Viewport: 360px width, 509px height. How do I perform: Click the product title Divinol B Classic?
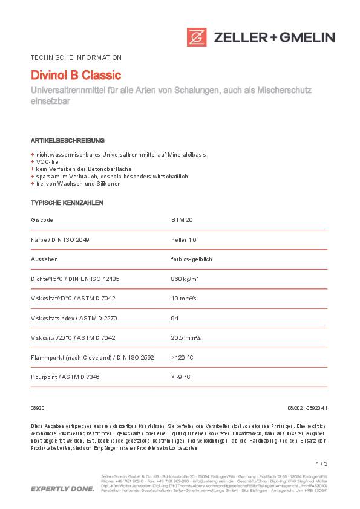[76, 76]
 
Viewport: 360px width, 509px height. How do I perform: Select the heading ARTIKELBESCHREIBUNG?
[68, 140]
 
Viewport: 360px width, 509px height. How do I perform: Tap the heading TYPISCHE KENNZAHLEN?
[67, 203]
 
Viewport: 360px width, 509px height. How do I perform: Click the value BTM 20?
[182, 220]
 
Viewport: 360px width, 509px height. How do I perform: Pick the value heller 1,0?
[184, 239]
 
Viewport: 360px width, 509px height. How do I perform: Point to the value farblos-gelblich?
[192, 259]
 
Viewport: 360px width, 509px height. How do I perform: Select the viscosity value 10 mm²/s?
[184, 298]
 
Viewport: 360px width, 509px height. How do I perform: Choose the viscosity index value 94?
[175, 318]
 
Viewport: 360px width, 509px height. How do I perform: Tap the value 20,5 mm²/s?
[186, 337]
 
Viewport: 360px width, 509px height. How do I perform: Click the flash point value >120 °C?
[182, 357]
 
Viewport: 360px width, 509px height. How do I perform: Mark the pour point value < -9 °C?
[181, 377]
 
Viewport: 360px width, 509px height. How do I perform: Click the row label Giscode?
[42, 220]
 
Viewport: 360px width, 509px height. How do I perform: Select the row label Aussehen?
[44, 259]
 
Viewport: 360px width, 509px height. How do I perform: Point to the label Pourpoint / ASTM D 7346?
[65, 377]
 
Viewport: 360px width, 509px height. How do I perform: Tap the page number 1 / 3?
[321, 464]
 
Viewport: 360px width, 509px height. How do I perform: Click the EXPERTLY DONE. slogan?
[62, 488]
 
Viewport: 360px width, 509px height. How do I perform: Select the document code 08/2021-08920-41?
[307, 409]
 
